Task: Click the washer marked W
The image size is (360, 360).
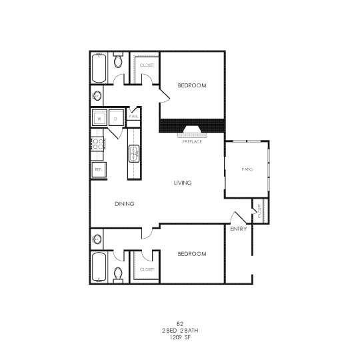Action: coord(99,118)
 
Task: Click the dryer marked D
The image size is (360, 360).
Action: coord(116,118)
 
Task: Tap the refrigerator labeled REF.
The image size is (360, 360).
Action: coord(98,169)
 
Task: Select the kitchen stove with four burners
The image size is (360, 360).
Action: coord(97,143)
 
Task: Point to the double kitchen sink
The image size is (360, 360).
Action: coord(133,153)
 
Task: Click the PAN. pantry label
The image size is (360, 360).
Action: coord(133,116)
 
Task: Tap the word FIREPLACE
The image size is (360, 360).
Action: coord(192,141)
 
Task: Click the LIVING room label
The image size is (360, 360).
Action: coord(183,183)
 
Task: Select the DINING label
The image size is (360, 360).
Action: coord(125,204)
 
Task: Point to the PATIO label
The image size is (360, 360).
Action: coord(247,169)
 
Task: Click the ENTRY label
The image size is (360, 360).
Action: coord(238,229)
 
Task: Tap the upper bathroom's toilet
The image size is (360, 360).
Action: coord(118,62)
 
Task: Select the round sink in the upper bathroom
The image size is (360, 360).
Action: coord(98,95)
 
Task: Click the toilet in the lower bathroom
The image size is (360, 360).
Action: coord(118,272)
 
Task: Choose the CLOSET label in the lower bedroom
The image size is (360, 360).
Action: coord(146,269)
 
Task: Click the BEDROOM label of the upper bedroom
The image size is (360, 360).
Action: coord(191,86)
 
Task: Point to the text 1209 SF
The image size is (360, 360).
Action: coord(180,338)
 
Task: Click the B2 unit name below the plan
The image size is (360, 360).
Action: coord(180,323)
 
